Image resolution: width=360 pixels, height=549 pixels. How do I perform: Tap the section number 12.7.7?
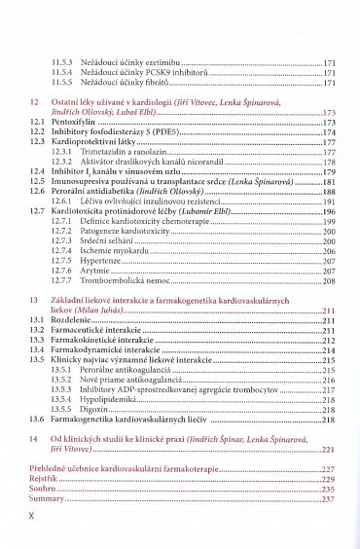click(64, 281)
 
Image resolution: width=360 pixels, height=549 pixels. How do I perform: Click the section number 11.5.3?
click(64, 60)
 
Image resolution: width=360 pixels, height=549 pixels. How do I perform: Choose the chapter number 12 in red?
click(35, 100)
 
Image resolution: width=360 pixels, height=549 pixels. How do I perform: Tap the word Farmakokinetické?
click(89, 340)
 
